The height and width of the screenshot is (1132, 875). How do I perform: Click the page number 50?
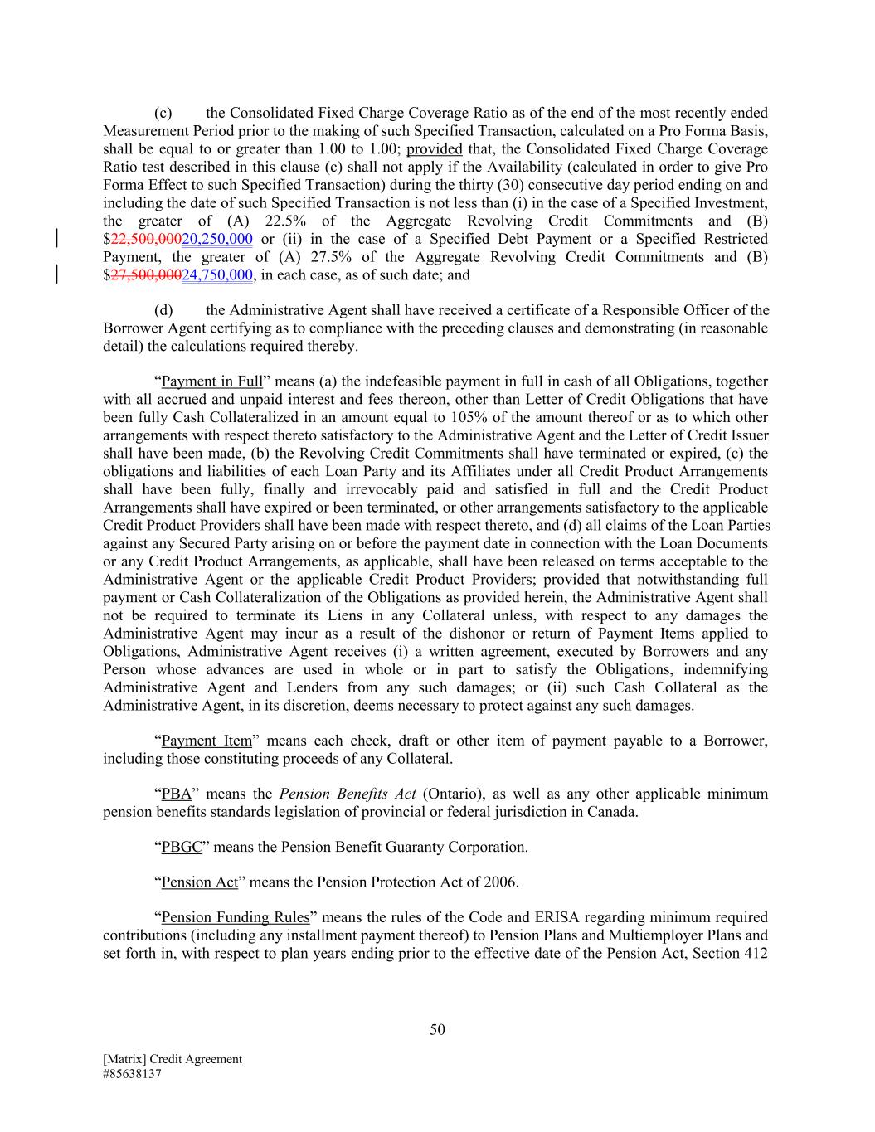[438, 1030]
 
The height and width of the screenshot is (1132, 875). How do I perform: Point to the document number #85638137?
[132, 1074]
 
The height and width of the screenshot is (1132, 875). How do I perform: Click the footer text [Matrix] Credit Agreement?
[173, 1059]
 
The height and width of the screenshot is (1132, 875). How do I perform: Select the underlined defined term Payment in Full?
[211, 381]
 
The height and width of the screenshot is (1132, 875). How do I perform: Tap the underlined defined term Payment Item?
[207, 741]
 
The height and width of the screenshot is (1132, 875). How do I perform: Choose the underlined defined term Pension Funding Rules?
[236, 917]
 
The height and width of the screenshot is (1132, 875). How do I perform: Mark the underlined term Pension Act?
[199, 882]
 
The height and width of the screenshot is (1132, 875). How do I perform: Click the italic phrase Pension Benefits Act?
[348, 794]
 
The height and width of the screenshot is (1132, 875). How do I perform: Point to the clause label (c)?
[163, 113]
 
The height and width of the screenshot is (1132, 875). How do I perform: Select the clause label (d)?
[163, 310]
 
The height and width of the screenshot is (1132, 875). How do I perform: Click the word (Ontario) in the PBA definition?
[454, 794]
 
